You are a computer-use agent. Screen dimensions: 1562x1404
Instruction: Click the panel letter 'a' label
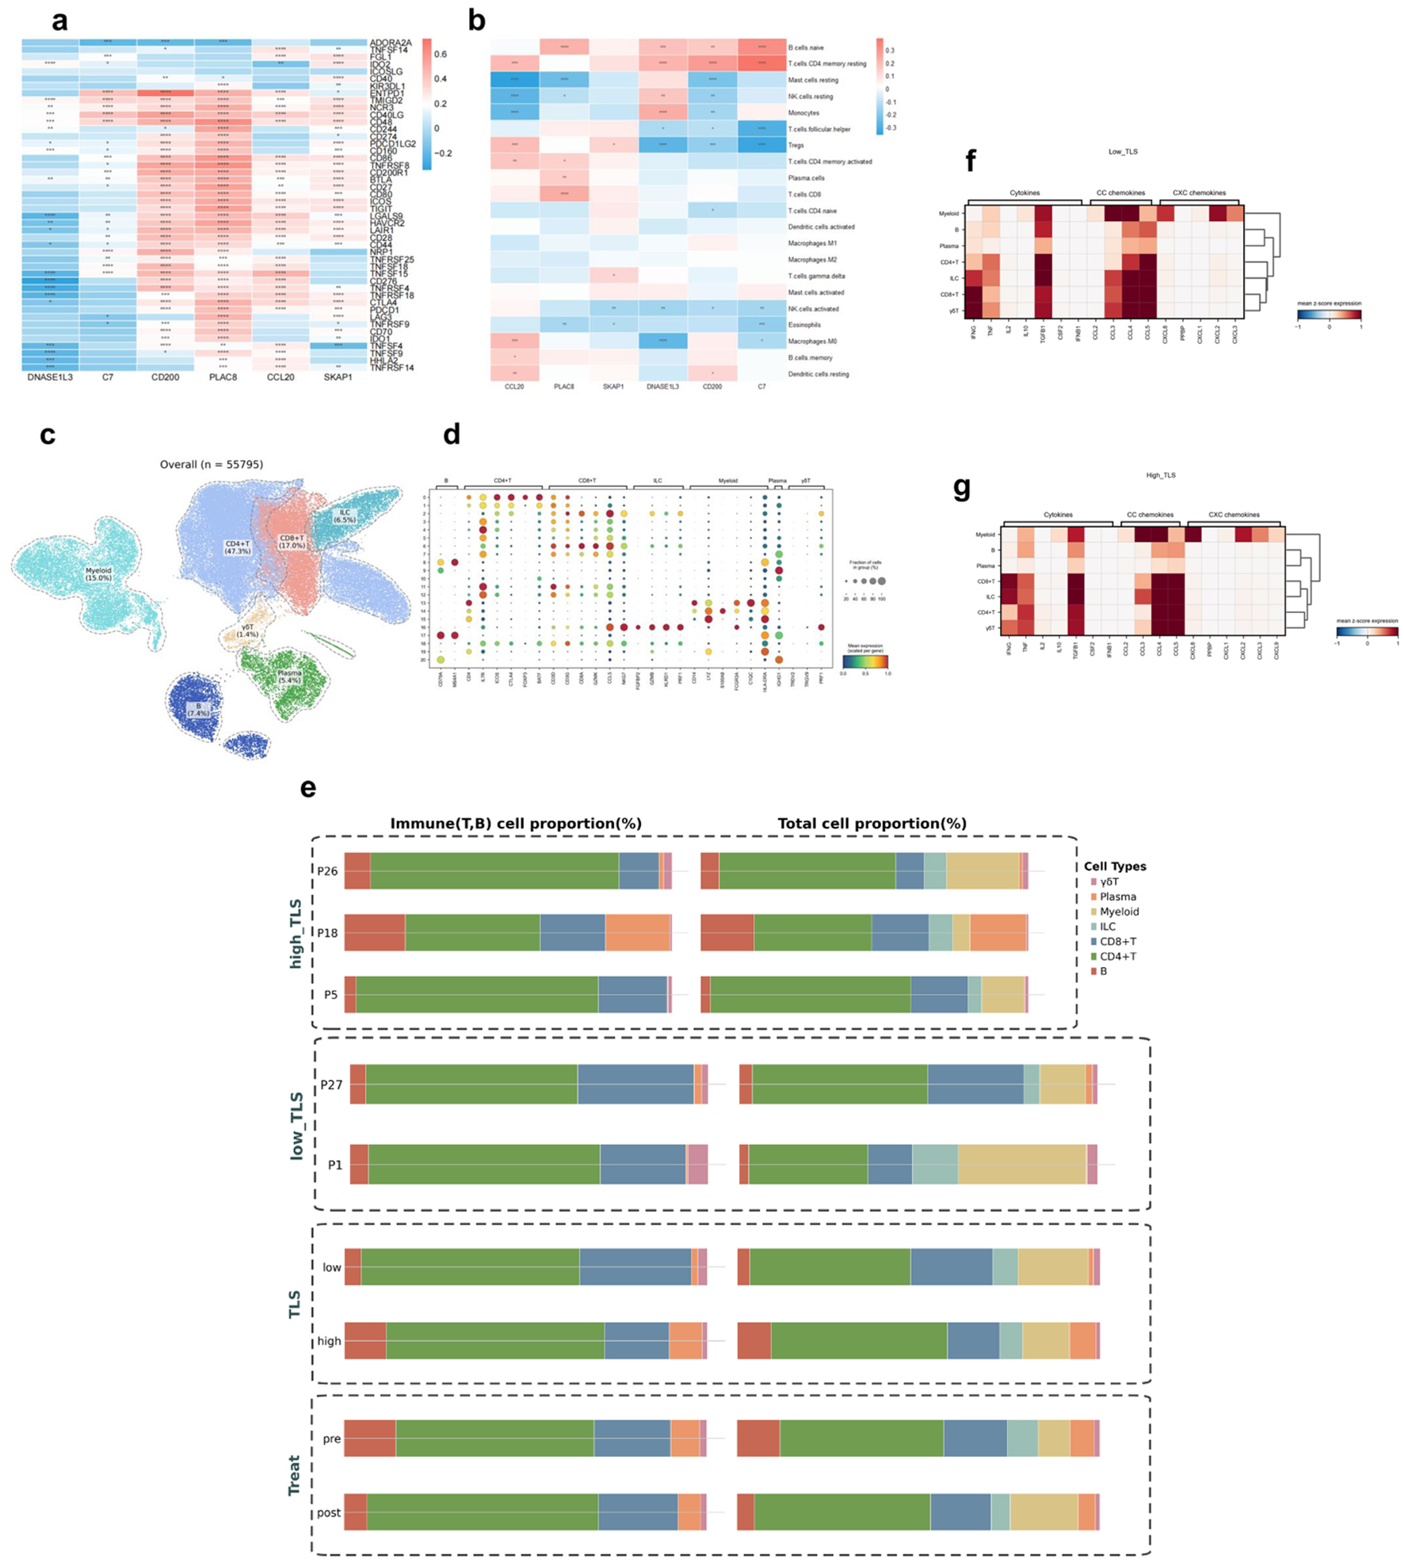pos(60,21)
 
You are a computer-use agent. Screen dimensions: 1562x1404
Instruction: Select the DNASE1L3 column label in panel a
pos(50,377)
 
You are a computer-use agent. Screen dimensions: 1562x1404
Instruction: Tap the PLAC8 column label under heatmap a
pos(223,377)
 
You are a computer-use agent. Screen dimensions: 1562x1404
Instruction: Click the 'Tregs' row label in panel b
pos(795,145)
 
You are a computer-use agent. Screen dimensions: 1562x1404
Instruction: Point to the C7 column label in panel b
pos(761,387)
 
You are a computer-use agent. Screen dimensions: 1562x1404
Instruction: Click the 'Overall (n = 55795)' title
pos(212,464)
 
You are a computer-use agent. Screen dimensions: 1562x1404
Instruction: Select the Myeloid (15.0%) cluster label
pos(98,574)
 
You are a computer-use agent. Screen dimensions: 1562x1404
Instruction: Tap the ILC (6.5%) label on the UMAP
pos(345,516)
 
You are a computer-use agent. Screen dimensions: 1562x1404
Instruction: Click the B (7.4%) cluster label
pos(198,710)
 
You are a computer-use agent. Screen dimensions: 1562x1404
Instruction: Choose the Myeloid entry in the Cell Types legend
pos(1119,912)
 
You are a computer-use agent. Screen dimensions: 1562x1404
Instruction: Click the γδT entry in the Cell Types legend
pos(1109,882)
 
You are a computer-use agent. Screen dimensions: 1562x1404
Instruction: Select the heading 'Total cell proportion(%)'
pos(872,824)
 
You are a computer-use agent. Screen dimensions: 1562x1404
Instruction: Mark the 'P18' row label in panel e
pos(327,933)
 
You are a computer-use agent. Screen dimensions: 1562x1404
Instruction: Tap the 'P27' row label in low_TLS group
pos(331,1084)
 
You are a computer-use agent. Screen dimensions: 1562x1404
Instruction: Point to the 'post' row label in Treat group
pos(329,1512)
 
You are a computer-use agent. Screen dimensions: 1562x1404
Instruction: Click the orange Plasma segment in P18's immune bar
pos(637,933)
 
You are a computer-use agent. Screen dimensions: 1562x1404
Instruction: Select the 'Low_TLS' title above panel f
pos(1123,151)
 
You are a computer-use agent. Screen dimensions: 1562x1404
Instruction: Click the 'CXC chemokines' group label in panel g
pos(1233,515)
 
